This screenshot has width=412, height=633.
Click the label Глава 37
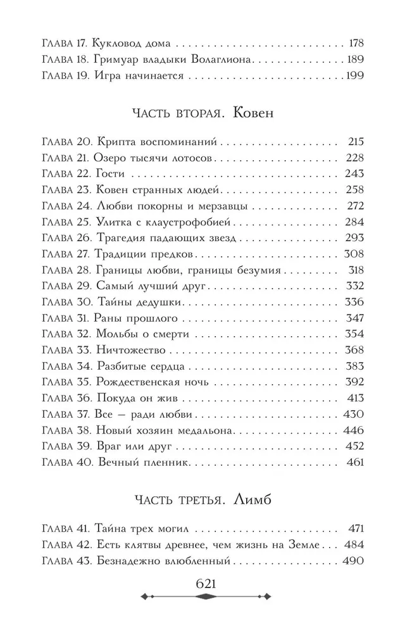coord(66,415)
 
